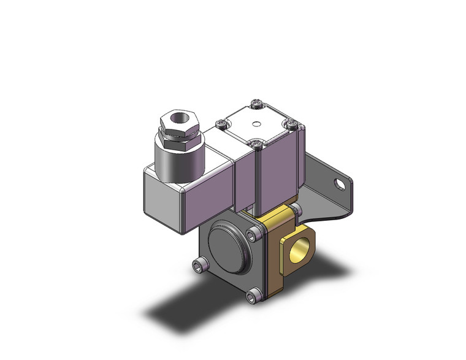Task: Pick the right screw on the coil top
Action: pyautogui.click(x=291, y=124)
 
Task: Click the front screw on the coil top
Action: pyautogui.click(x=256, y=145)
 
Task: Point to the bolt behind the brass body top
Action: pyautogui.click(x=296, y=212)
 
